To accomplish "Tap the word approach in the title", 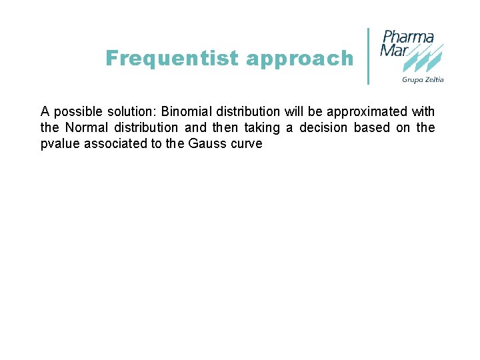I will click(x=299, y=59).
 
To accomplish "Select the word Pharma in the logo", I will click(x=408, y=37).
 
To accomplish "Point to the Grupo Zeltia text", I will click(x=423, y=80).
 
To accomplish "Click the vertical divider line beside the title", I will click(x=369, y=56).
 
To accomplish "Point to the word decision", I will click(x=323, y=127).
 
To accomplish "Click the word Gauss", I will click(x=209, y=143).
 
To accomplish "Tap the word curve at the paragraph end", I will click(x=247, y=143).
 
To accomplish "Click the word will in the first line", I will click(x=293, y=111).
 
